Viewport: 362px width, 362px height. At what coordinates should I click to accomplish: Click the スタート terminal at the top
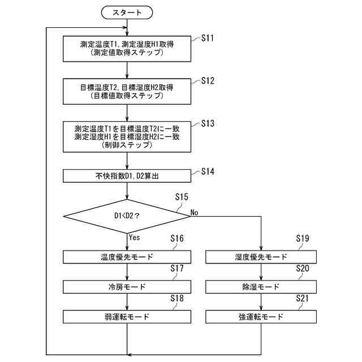coord(127,12)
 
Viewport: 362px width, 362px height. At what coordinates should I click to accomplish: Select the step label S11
coord(208,38)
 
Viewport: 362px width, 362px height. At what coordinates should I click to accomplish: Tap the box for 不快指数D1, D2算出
coord(127,176)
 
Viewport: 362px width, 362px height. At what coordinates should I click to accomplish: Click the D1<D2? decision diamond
coord(127,216)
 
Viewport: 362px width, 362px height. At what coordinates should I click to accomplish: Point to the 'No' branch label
coord(194,213)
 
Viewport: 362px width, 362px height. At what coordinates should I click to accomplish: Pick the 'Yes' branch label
coord(135,237)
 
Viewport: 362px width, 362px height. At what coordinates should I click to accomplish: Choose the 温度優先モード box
coord(127,257)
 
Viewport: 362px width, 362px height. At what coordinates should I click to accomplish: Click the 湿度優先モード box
coord(261,257)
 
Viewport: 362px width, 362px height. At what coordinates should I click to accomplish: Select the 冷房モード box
coord(127,287)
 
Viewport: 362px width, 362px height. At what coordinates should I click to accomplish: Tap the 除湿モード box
coord(261,287)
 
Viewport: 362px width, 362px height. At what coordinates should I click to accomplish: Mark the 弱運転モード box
coord(127,317)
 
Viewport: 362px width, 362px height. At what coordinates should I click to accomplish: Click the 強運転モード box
coord(261,317)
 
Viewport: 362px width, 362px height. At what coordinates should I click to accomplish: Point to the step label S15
coord(182,197)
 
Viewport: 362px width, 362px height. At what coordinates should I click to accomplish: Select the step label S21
coord(302,298)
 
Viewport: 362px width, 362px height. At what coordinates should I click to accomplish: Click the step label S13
coord(208,123)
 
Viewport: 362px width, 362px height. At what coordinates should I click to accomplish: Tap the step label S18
coord(177,298)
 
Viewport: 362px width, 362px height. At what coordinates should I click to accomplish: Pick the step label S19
coord(303,238)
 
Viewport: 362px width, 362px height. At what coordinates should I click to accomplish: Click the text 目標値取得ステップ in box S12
coord(127,96)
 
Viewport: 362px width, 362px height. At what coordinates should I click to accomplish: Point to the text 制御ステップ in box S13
coord(127,145)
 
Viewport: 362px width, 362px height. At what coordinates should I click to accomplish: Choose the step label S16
coord(177,238)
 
